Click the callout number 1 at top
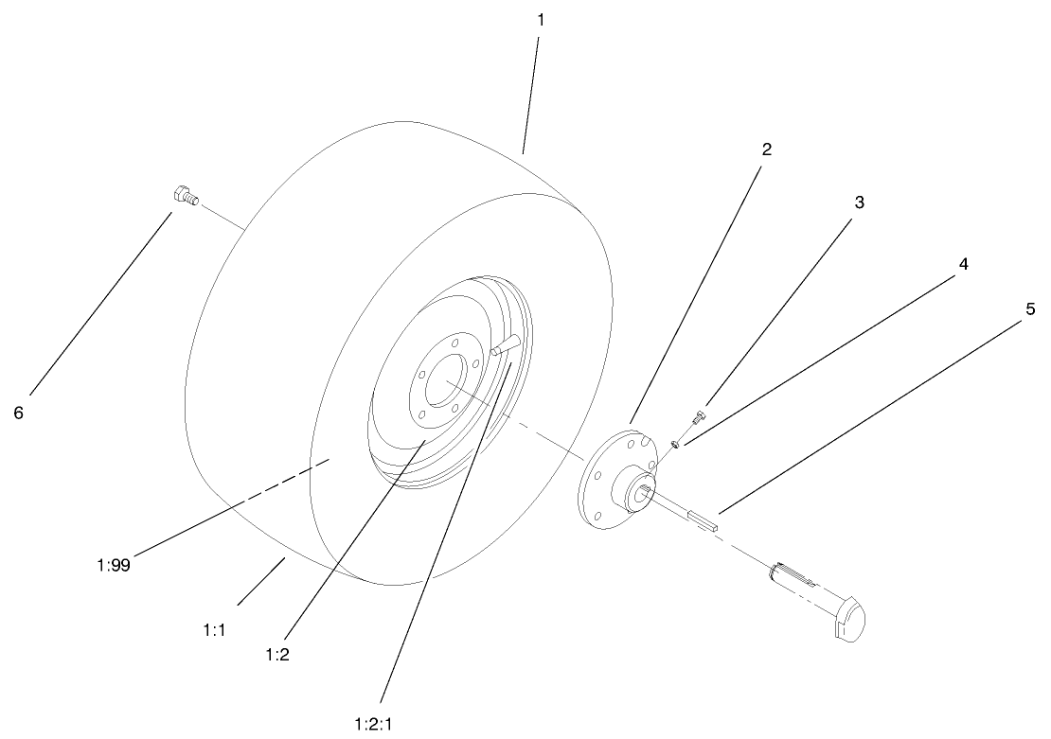[x=540, y=19]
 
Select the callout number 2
[x=767, y=150]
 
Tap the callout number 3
[x=859, y=202]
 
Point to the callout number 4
[x=963, y=265]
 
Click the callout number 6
[x=18, y=413]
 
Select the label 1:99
[x=114, y=566]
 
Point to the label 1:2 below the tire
[x=278, y=655]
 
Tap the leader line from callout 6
[x=99, y=303]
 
